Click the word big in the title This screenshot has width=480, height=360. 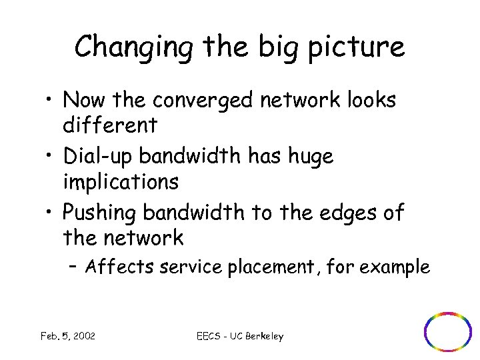tap(277, 47)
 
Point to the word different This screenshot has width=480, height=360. tap(110, 124)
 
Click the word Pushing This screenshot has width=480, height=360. tap(100, 213)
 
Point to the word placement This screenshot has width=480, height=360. tap(263, 267)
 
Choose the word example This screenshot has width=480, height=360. tap(397, 267)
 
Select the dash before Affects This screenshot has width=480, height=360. tap(73, 267)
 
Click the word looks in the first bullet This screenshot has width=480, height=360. tap(368, 101)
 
